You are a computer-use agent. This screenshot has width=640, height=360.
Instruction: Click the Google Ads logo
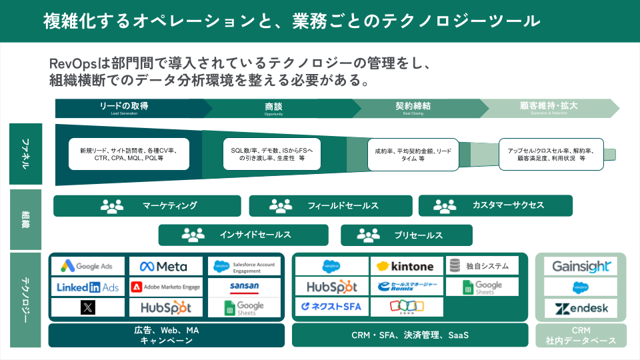click(x=88, y=267)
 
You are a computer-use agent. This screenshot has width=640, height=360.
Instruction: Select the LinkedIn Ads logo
click(x=88, y=287)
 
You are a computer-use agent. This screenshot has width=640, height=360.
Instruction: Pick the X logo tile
click(x=88, y=307)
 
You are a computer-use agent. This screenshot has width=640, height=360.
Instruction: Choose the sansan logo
click(x=245, y=287)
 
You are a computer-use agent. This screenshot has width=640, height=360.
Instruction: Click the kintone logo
click(x=406, y=267)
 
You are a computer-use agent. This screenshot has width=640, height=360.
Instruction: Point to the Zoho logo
click(x=406, y=307)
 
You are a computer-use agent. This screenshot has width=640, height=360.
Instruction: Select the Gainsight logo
click(x=581, y=267)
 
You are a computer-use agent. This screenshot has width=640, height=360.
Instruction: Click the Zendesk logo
click(x=581, y=308)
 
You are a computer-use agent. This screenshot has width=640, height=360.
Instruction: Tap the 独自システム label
click(x=482, y=265)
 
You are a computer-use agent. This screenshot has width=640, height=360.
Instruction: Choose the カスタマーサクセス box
click(x=495, y=206)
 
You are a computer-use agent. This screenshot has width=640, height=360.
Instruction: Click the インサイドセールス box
click(x=243, y=235)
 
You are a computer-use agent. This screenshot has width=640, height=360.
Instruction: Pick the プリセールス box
click(x=406, y=235)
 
